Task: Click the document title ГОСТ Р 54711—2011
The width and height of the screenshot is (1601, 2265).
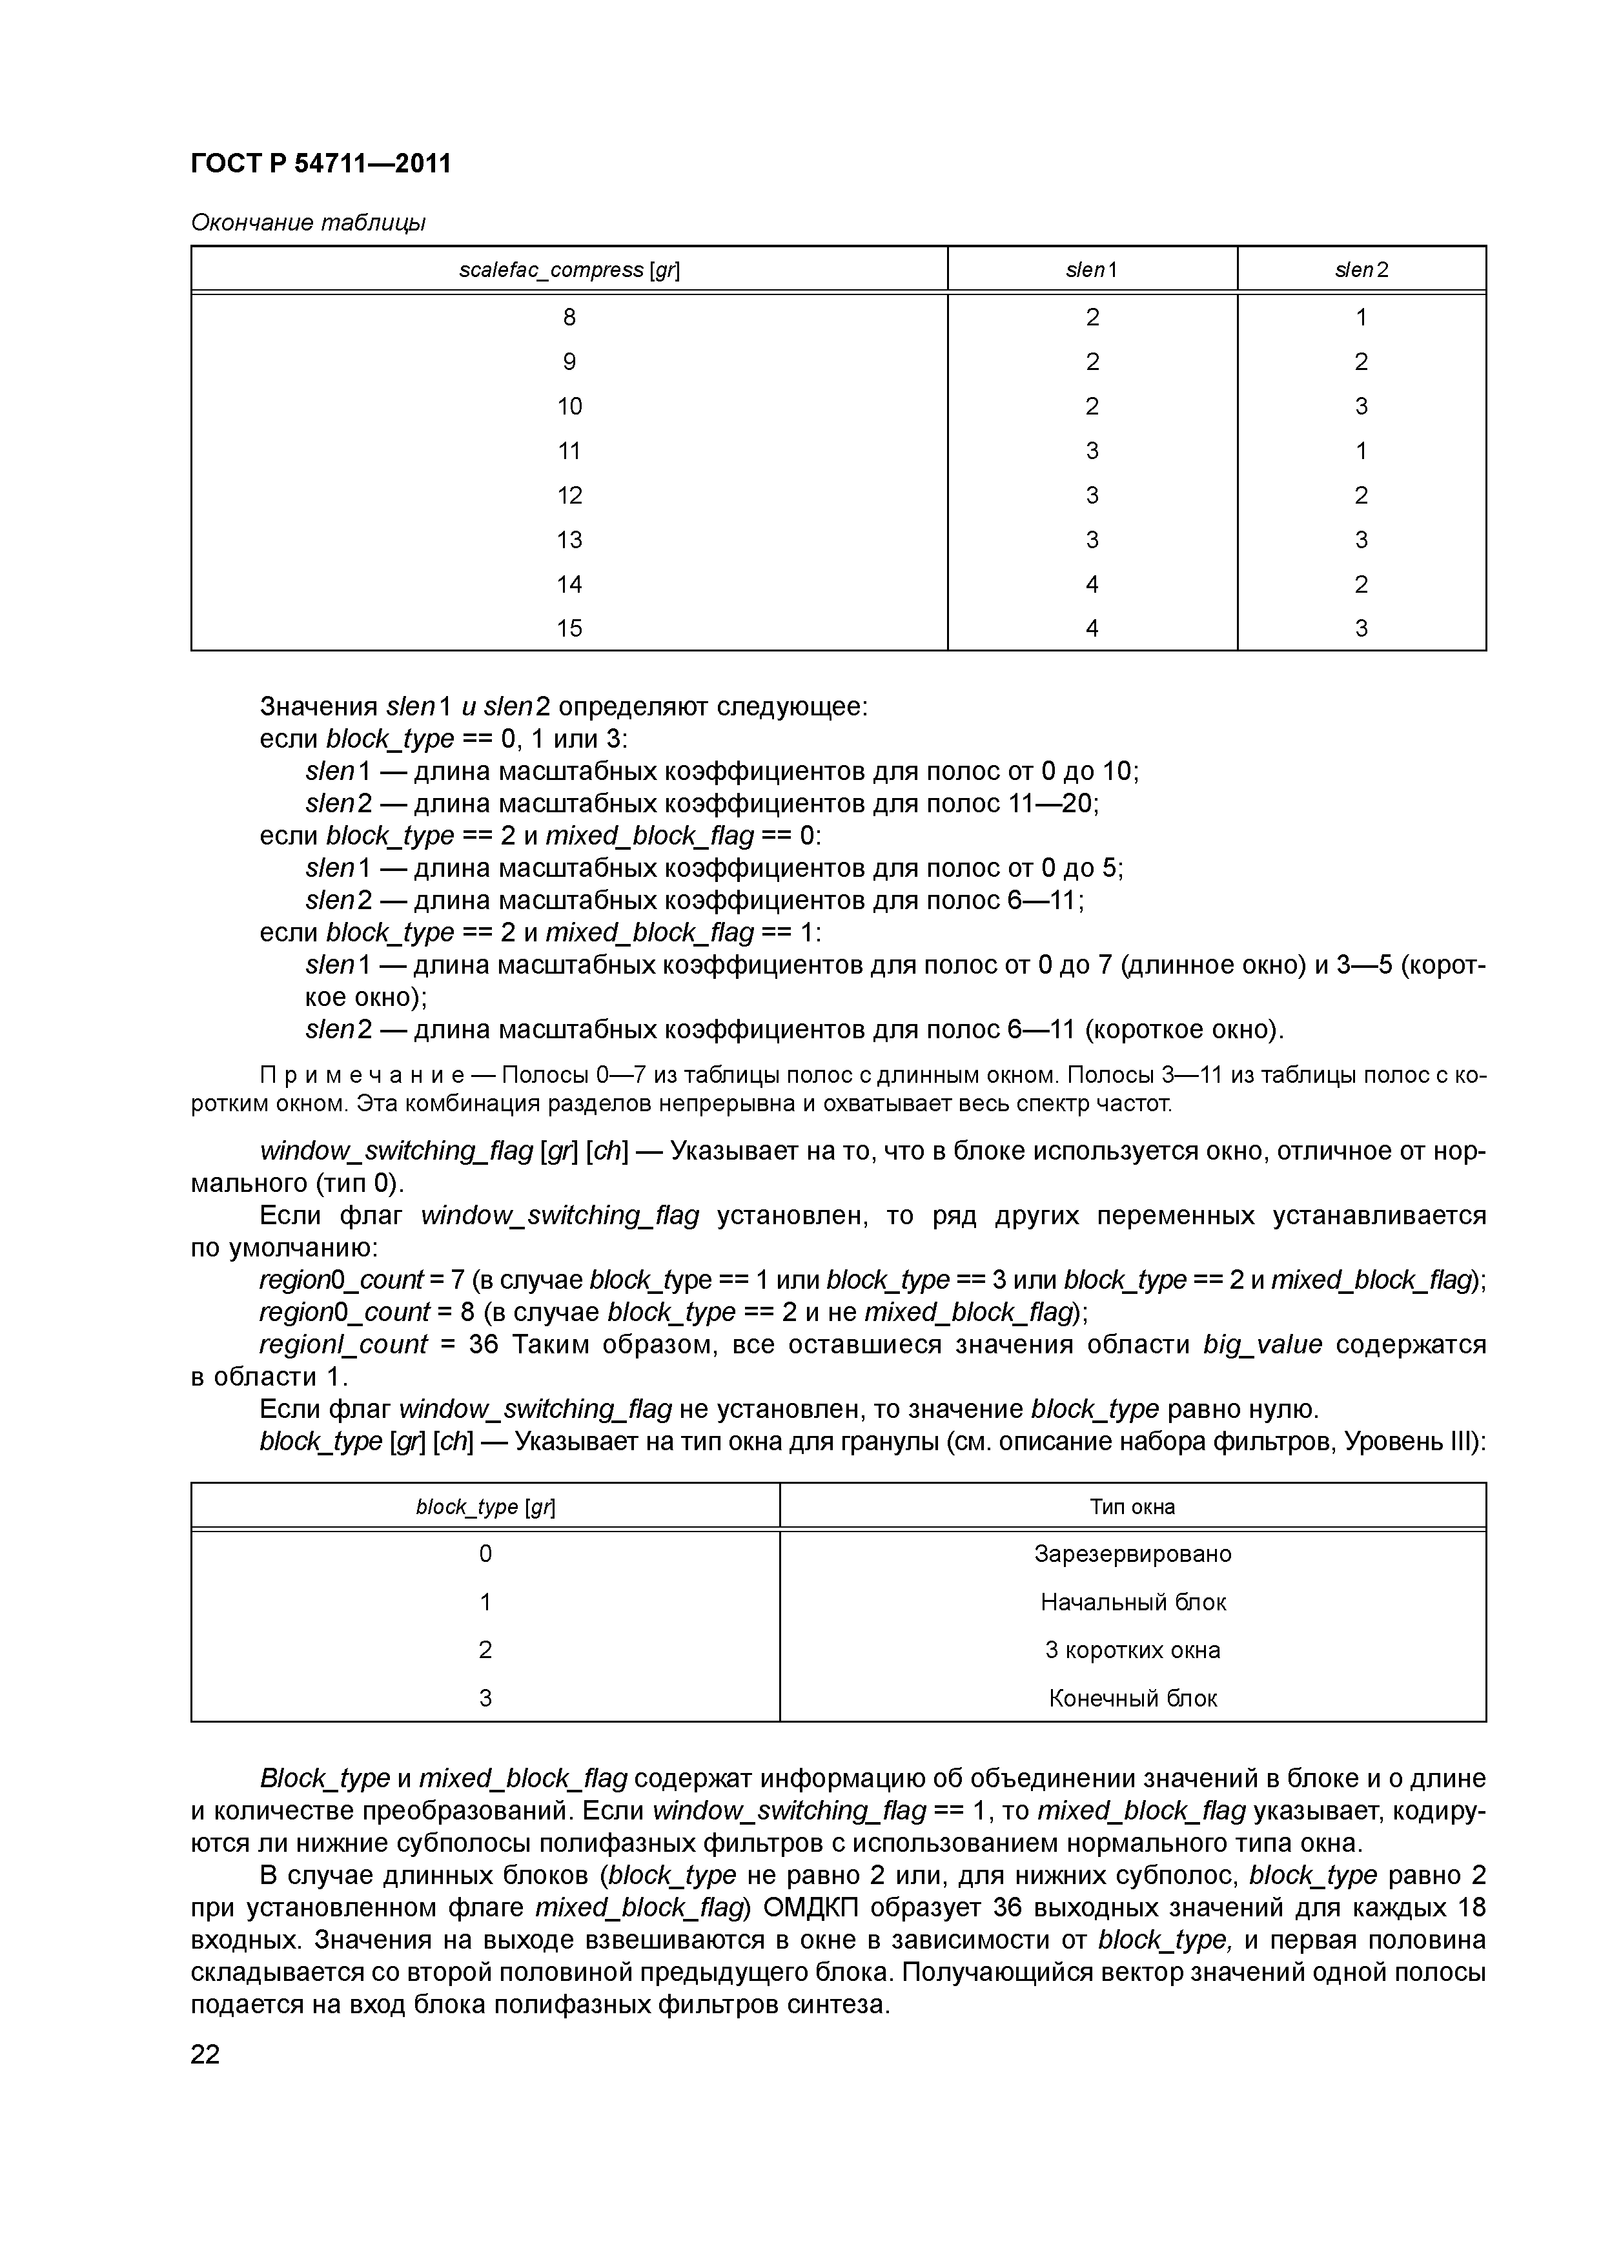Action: coord(321,163)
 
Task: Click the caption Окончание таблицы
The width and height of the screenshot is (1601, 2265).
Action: coord(308,223)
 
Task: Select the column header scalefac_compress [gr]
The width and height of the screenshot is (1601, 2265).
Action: coord(569,269)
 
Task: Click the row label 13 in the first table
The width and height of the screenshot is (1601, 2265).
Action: coord(569,540)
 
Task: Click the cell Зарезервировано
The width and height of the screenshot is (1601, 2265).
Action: coord(1132,1553)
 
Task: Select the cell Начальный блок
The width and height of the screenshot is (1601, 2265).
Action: coord(1132,1602)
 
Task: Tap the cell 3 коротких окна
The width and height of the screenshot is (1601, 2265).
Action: coord(1132,1650)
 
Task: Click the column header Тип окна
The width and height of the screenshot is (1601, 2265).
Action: coord(1132,1506)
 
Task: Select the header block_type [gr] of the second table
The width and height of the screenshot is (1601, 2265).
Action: coord(485,1506)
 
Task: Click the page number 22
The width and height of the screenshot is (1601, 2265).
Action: coord(205,2054)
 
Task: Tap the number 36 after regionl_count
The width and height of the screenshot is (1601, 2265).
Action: coord(484,1344)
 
